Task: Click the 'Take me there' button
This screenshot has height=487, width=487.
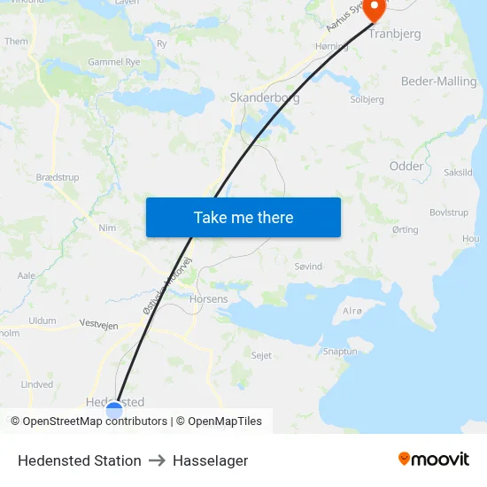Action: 243,217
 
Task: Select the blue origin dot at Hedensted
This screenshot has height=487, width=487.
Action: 114,409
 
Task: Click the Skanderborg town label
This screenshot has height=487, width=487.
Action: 264,98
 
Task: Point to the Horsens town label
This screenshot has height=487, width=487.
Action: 209,299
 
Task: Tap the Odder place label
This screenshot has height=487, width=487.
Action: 406,166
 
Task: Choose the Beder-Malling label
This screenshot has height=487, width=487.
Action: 438,81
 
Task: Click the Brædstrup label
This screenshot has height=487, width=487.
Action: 58,178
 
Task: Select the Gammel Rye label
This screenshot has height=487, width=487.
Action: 114,62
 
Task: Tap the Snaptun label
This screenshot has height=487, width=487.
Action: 340,351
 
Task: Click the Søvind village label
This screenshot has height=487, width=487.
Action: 308,266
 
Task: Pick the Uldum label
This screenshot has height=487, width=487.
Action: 43,321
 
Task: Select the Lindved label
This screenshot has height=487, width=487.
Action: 37,384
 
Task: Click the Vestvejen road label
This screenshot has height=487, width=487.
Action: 99,325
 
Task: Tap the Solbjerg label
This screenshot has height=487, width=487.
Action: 367,100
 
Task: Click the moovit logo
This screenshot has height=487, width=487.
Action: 434,460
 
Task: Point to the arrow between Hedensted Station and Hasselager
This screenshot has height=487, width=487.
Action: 157,460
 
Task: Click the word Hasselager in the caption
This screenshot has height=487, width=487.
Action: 210,460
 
